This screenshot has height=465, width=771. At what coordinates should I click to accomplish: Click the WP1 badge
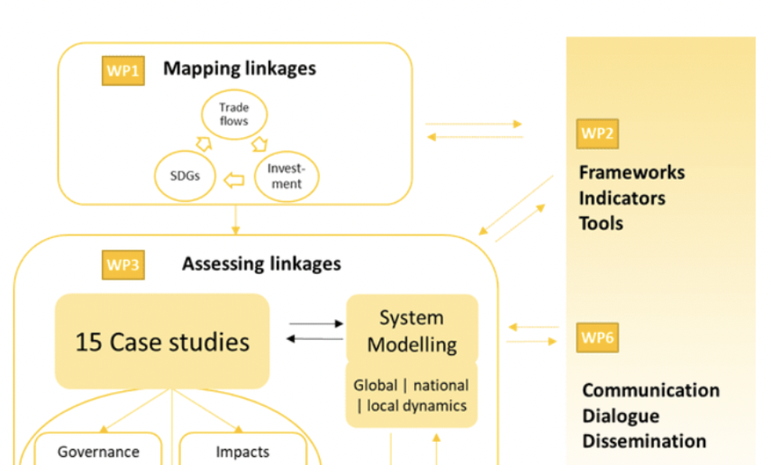coord(123,71)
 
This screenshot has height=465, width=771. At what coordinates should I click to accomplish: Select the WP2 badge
coord(597,134)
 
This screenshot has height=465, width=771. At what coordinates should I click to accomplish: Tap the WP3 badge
coord(123,265)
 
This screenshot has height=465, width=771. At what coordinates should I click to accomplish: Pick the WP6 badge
coord(597,338)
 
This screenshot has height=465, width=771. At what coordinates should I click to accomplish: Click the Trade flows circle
coord(233,115)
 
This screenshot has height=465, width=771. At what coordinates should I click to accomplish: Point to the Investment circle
coord(285,176)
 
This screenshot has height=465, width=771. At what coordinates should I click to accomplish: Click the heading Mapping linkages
coord(240,69)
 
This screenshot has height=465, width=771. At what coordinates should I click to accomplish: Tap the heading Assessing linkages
coord(261,264)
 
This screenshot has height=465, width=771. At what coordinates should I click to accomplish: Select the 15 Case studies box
coord(162,342)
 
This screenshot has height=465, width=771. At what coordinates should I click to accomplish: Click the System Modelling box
coord(412,330)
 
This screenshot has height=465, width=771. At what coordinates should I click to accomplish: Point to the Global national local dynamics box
coord(410,395)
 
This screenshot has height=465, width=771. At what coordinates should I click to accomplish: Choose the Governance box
coord(98,451)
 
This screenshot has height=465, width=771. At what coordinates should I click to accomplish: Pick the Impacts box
coord(242,451)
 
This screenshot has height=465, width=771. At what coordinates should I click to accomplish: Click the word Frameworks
coord(632,172)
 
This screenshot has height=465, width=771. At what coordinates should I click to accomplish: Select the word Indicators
coord(622,198)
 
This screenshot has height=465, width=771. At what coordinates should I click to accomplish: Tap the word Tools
coord(601,223)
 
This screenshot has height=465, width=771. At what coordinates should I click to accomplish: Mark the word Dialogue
coord(620,416)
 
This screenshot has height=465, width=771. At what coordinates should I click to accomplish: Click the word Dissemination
coord(644,441)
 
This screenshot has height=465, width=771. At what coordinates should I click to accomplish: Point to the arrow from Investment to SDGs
coord(233,180)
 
